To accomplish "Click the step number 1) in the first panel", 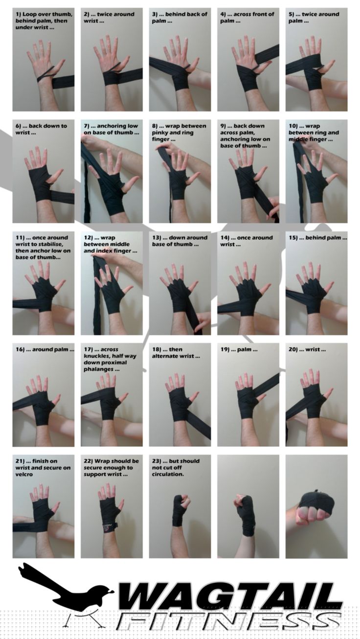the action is pyautogui.click(x=18, y=14).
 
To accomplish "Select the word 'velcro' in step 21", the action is pyautogui.click(x=24, y=474).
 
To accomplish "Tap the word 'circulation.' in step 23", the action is pyautogui.click(x=168, y=474).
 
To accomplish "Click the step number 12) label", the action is pyautogui.click(x=88, y=238).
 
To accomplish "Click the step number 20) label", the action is pyautogui.click(x=293, y=349).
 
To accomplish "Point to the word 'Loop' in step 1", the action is pyautogui.click(x=29, y=14).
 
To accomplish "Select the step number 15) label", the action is pyautogui.click(x=293, y=238).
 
